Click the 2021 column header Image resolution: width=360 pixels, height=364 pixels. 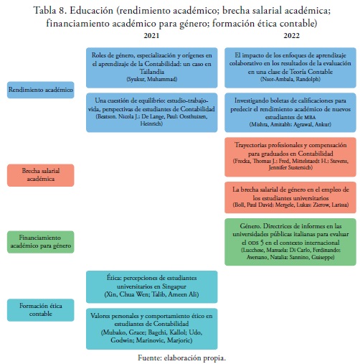pos(151,36)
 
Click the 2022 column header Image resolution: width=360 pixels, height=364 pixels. pos(291,36)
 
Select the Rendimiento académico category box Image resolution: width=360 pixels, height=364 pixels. pos(41,90)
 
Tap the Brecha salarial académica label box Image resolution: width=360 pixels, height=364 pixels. pos(41,175)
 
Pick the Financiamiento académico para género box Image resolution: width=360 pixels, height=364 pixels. pos(41,242)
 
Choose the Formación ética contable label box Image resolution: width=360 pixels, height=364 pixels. pos(41,310)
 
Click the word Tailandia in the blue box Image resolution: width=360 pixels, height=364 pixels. pos(152,72)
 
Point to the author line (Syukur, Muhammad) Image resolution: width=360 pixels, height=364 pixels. pos(152,79)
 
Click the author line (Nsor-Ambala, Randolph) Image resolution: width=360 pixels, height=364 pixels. pos(290,79)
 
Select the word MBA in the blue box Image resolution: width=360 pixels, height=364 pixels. pos(310,118)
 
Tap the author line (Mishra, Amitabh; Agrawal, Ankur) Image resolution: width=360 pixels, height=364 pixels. pos(290,124)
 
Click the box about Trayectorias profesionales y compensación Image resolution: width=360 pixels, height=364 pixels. pos(290,157)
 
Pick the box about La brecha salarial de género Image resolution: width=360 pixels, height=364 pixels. pos(290,197)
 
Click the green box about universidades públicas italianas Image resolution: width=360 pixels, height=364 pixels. pos(290,242)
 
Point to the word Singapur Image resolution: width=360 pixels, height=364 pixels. pos(174,286)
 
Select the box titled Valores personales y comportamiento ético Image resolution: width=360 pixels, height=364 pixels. pos(152,329)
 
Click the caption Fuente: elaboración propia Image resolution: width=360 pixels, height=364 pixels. pos(181,358)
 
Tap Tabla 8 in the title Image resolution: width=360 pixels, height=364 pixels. pos(49,11)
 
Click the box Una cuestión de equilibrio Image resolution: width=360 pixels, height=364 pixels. pos(152,113)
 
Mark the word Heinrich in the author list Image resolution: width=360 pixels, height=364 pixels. pos(151,123)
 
